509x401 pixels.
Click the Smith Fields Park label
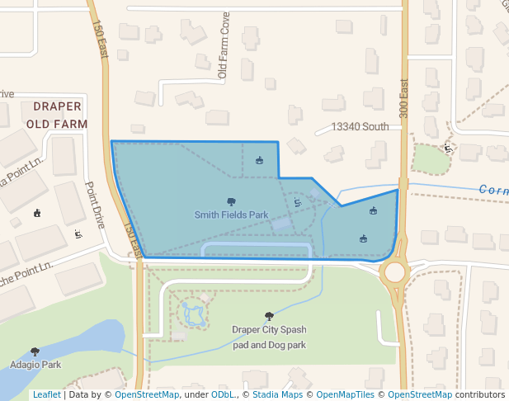coord(231,215)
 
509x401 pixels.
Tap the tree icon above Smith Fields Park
coord(231,202)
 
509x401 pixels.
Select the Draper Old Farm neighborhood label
coord(57,115)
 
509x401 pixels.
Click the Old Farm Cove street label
coord(222,57)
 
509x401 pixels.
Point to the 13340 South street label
coord(359,127)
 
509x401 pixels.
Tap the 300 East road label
coord(404,98)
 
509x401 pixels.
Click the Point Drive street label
coord(96,205)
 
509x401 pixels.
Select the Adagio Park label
coord(35,364)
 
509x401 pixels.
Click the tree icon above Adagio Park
coord(35,352)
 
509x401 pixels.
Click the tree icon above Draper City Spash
coord(268,316)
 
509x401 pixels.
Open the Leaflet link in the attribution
coord(46,394)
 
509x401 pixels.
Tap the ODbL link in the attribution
coord(223,394)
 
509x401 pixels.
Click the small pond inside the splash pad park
coord(194,314)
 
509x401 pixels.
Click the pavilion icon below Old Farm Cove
coord(260,160)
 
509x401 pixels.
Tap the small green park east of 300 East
coord(431,158)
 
